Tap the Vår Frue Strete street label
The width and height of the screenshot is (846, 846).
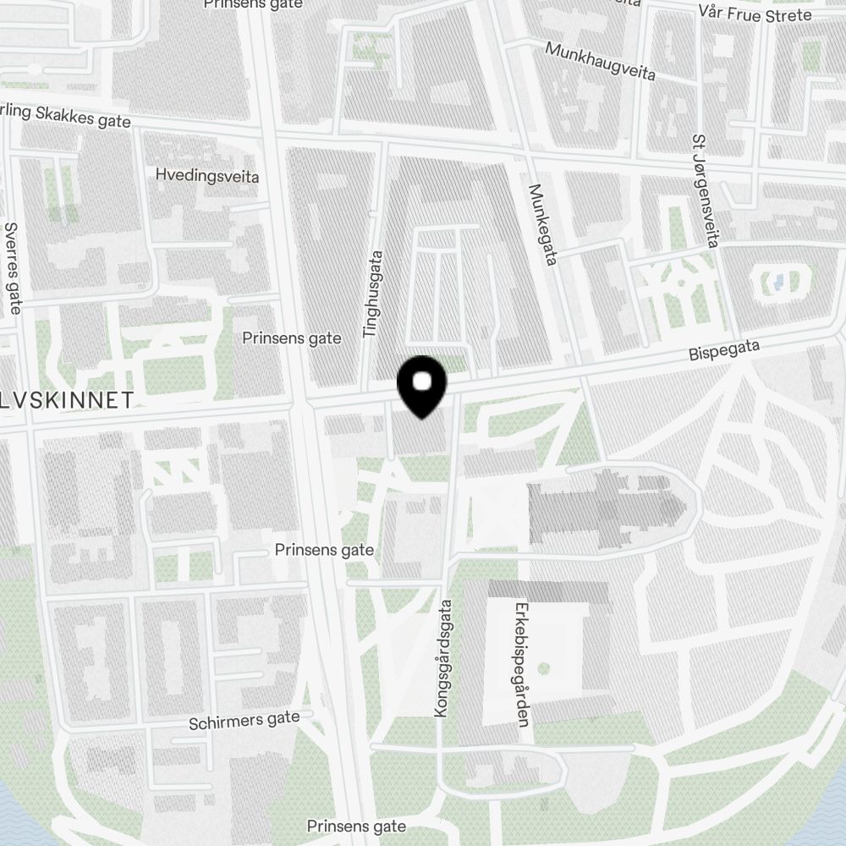pos(755,14)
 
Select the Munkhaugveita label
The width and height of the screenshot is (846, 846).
pos(601,61)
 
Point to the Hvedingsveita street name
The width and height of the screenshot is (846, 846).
pos(207,176)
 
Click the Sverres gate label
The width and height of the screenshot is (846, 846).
pos(13,267)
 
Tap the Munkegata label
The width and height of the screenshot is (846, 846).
pos(542,225)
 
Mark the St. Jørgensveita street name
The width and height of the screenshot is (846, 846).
pos(704,190)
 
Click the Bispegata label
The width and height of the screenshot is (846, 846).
pos(724,349)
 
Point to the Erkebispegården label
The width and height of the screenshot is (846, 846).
pos(521,664)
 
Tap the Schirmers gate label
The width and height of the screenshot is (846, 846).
pos(244,721)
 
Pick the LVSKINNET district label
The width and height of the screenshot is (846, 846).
pos(67,400)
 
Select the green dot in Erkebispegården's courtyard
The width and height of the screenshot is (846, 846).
pos(543,668)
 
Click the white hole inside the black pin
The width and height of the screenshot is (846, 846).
pos(422,382)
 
